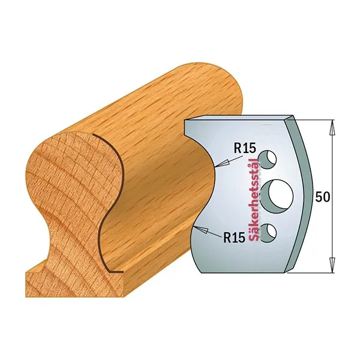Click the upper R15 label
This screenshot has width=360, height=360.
coord(245,149)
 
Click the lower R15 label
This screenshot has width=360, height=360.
coord(235,238)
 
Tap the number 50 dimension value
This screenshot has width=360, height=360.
coord(323,197)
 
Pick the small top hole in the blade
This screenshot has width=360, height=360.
coord(267,160)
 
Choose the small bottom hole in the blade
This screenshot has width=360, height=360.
coord(268,233)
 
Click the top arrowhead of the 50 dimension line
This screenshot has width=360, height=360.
coord(332,127)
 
